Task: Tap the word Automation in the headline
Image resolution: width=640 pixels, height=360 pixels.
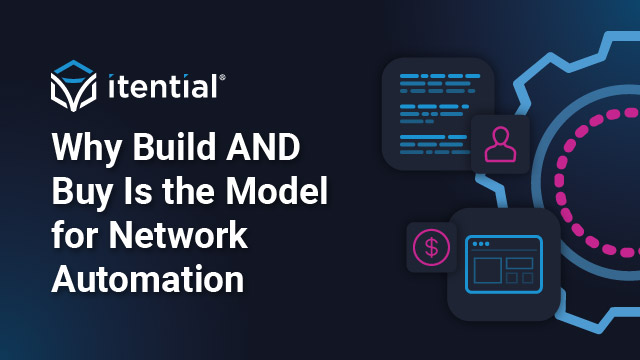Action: [x=147, y=279]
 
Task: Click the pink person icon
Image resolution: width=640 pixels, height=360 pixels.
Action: [x=499, y=144]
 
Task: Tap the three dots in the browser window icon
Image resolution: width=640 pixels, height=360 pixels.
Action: [x=481, y=244]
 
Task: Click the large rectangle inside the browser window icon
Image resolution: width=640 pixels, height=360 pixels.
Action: [x=486, y=270]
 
